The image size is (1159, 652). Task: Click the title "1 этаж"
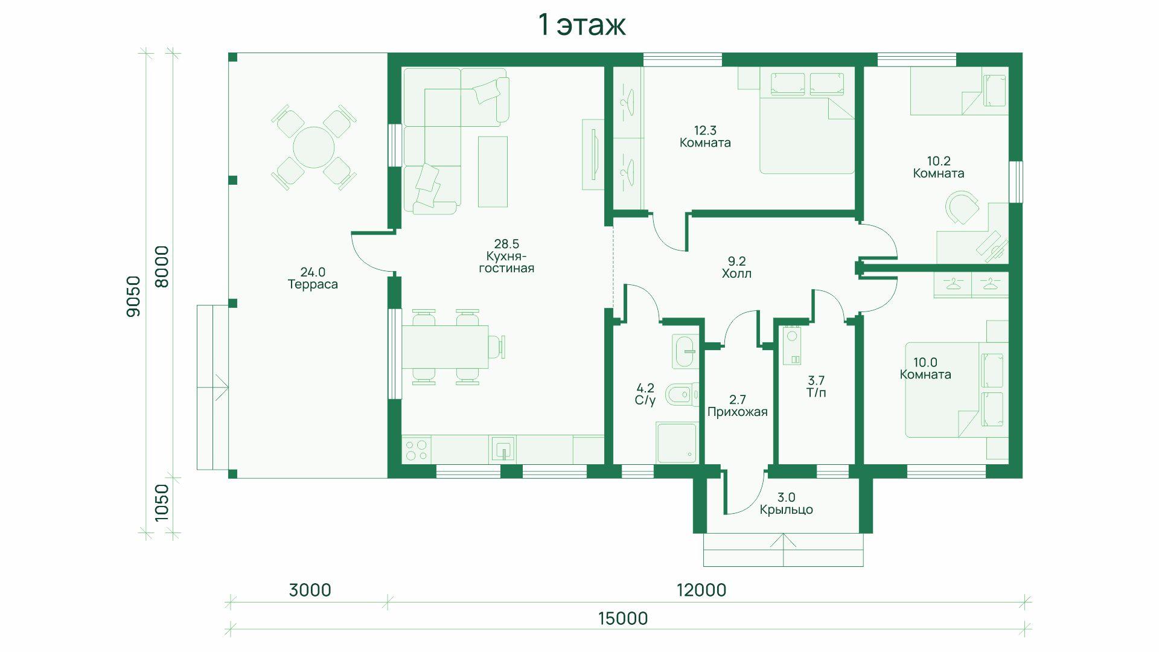[x=581, y=25]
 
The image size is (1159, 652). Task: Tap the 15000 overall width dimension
[x=623, y=619]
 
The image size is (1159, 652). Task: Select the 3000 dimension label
[x=310, y=590]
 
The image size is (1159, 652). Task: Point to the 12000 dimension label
[x=701, y=590]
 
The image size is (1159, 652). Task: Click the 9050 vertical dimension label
[x=133, y=296]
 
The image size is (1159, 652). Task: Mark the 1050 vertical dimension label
[x=161, y=502]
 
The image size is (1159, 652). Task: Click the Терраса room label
[x=313, y=284]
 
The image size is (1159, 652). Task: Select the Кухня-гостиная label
[x=506, y=262]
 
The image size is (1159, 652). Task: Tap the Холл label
[x=736, y=273]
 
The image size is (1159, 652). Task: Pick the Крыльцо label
[x=786, y=510]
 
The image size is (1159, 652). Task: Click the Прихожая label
[x=737, y=412]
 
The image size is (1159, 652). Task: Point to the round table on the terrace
[x=313, y=147]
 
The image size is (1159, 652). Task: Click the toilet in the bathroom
[x=683, y=395]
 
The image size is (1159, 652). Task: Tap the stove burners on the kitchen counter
[x=417, y=450]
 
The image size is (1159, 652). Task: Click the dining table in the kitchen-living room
[x=445, y=347]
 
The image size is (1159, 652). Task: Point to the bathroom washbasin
[x=685, y=350]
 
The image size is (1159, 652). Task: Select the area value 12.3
[x=705, y=130]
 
